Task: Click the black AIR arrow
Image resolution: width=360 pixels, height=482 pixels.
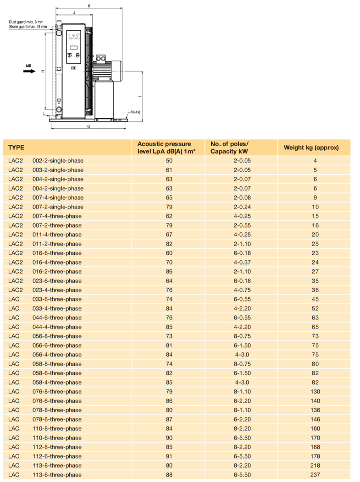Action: click(x=30, y=71)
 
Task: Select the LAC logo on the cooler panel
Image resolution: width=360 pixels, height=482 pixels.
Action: click(x=73, y=36)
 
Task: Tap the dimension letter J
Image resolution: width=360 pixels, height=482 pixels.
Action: click(x=74, y=13)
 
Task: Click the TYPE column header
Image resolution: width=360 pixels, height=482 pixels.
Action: click(x=16, y=148)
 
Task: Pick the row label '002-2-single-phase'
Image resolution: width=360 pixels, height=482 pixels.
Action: click(x=58, y=161)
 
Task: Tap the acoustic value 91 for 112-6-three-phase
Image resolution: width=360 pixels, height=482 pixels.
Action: click(x=169, y=456)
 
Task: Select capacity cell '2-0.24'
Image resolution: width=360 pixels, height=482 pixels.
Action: click(x=242, y=207)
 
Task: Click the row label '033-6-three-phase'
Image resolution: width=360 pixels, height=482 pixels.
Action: click(x=57, y=299)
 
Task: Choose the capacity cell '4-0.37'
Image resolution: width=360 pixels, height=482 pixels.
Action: click(x=242, y=263)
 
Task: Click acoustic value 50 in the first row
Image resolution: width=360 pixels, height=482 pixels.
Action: click(x=169, y=161)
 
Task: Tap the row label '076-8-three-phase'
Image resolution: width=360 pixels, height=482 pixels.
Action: click(x=57, y=392)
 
